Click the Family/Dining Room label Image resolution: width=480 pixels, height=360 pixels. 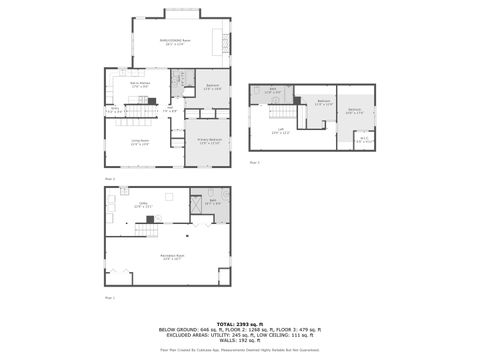(x=178, y=42)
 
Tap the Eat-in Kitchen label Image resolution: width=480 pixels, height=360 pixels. (x=139, y=86)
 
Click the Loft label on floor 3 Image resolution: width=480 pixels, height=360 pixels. (x=282, y=131)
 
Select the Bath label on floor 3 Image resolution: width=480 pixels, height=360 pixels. (x=272, y=92)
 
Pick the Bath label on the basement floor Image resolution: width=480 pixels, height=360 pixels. (x=213, y=203)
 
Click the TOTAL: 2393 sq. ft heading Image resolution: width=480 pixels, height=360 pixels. (x=239, y=321)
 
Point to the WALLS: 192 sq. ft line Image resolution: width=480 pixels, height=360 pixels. (x=239, y=340)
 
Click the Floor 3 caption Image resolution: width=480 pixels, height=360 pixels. (x=254, y=162)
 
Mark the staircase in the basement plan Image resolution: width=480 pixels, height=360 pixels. (x=147, y=231)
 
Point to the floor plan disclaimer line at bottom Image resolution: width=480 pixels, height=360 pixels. (x=239, y=350)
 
